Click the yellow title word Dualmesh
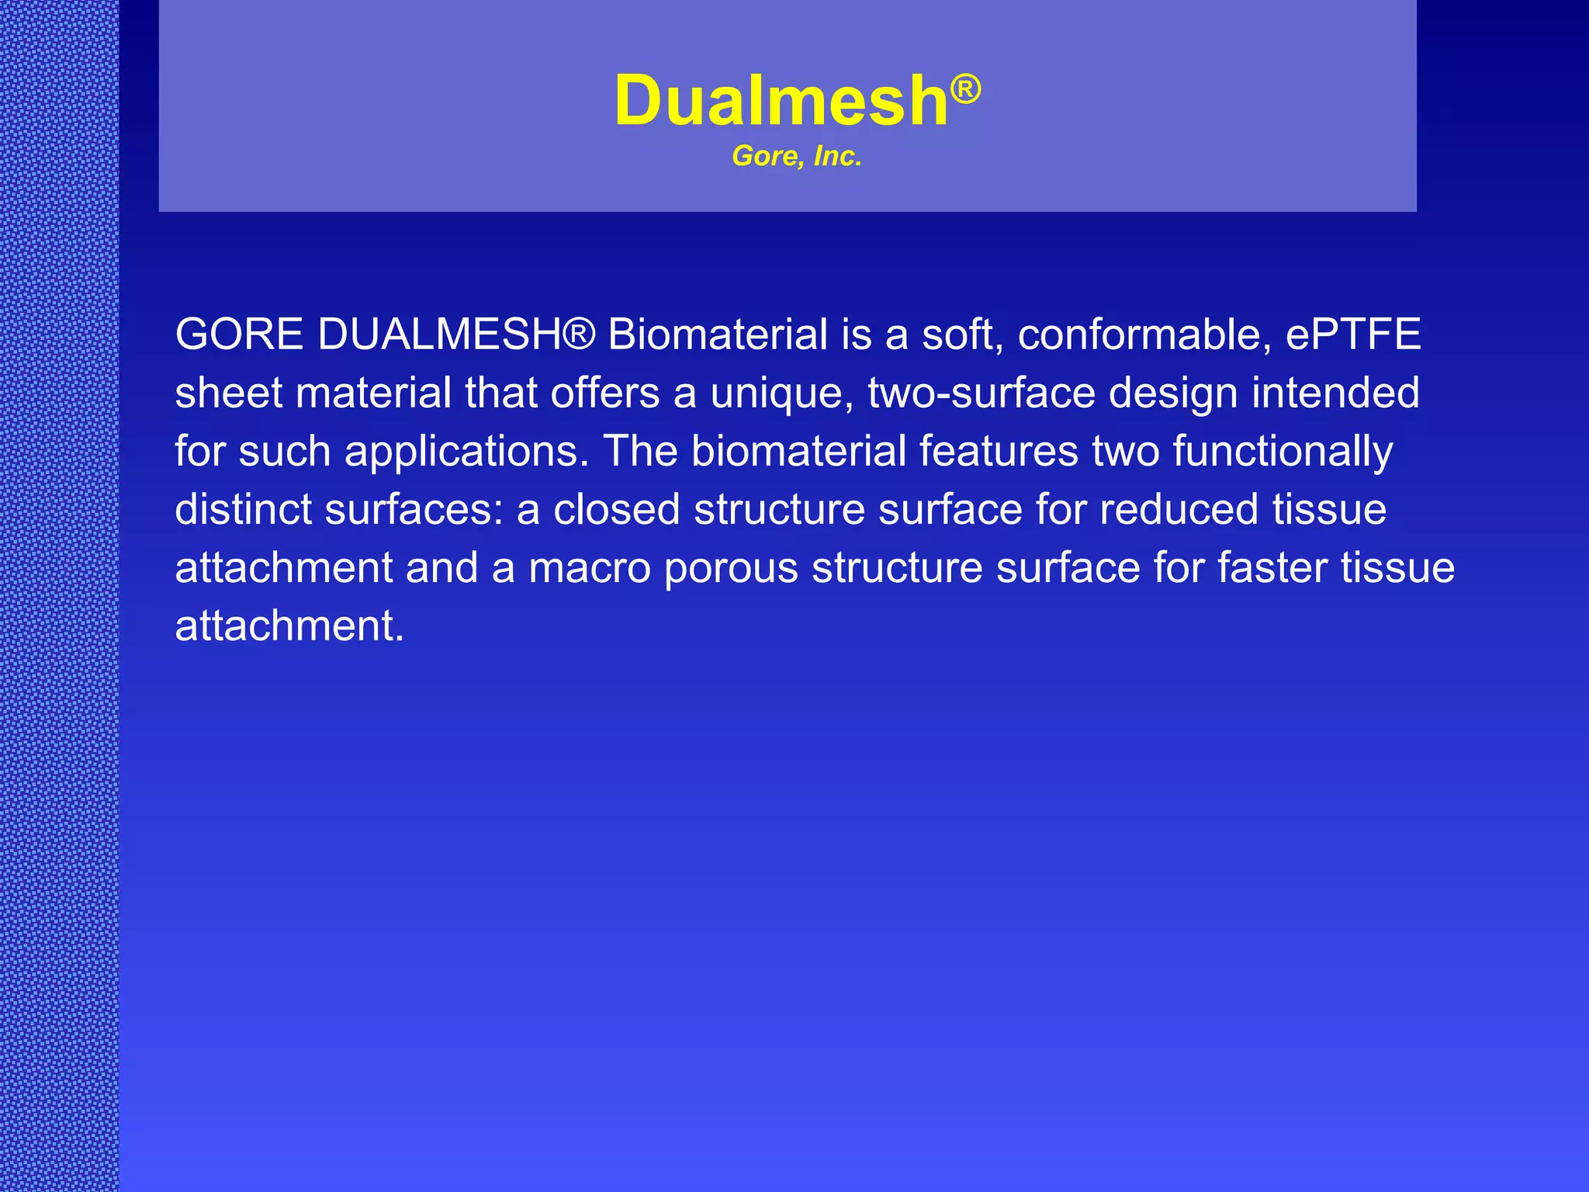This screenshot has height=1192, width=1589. tap(781, 101)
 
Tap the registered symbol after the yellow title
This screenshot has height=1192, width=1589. tap(966, 89)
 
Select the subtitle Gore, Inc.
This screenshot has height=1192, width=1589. tap(797, 157)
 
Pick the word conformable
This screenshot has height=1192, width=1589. tap(1144, 334)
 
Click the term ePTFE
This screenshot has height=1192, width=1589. tap(1353, 334)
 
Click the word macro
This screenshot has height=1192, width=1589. tap(589, 568)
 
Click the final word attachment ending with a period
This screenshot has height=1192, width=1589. tap(289, 626)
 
